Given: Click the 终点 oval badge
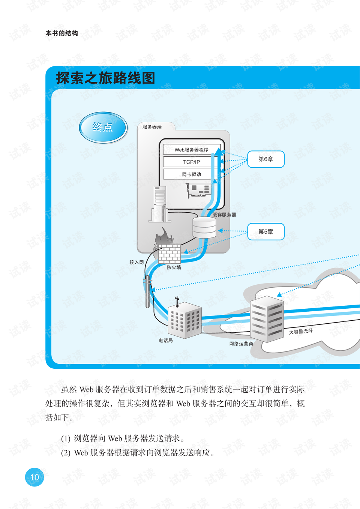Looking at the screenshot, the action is (103, 127).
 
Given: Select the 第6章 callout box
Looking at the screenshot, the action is (266, 159).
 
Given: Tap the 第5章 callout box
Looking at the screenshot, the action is (266, 231).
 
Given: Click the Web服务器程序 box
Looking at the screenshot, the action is (192, 150).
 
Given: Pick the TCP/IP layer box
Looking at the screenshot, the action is (192, 162).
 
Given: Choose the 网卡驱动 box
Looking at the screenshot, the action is (192, 174).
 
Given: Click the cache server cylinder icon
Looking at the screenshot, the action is (204, 227).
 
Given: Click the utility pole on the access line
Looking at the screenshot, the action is (148, 291).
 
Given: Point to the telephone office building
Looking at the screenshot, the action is (184, 319).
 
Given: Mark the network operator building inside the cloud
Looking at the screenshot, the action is (267, 319).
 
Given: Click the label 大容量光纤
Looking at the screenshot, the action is (301, 332).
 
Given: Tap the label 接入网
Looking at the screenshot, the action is (136, 262).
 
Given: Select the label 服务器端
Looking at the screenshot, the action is (152, 127).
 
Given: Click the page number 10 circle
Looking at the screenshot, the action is (34, 477).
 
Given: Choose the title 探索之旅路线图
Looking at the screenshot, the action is (106, 78).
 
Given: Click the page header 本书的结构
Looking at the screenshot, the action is (62, 33).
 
